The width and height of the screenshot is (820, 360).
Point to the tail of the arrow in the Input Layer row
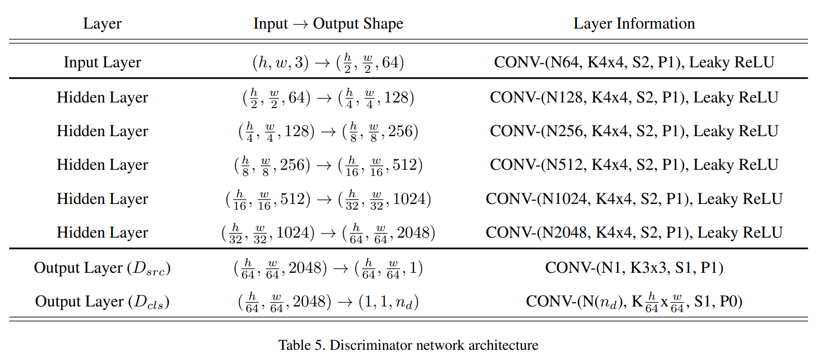click(x=316, y=63)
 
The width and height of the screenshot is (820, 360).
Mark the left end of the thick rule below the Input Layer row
click(x=10, y=78)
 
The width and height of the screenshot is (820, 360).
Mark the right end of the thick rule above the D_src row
click(x=808, y=249)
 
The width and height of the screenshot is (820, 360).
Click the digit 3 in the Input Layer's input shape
click(x=299, y=62)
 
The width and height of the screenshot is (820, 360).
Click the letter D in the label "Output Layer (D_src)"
click(x=140, y=268)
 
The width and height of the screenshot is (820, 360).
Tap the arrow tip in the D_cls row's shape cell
click(x=352, y=302)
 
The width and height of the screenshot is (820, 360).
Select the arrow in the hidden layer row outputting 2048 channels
click(x=328, y=234)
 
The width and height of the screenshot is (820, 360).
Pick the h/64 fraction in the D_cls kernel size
click(x=652, y=302)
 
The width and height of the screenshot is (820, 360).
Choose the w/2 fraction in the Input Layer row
click(x=368, y=63)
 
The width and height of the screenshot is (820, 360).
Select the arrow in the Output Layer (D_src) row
click(x=341, y=269)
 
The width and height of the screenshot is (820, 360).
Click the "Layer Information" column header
click(x=634, y=23)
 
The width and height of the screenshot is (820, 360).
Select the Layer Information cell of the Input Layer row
click(x=634, y=62)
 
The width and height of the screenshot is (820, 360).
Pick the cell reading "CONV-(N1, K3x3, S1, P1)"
click(x=634, y=268)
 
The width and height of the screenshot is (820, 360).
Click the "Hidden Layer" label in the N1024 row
click(x=102, y=199)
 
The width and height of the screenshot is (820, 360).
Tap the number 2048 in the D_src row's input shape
click(x=307, y=268)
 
